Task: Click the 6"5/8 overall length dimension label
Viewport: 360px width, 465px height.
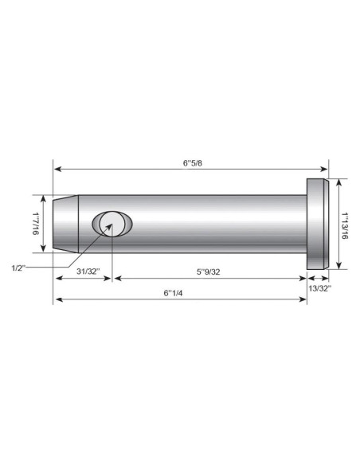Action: tap(191, 162)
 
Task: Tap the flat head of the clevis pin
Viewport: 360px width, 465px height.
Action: tap(318, 224)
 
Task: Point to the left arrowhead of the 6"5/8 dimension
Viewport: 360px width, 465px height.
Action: tap(57, 168)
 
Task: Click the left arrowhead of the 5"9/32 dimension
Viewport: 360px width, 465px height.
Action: tap(117, 278)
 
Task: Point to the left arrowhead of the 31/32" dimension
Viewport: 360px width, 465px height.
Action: tap(57, 278)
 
